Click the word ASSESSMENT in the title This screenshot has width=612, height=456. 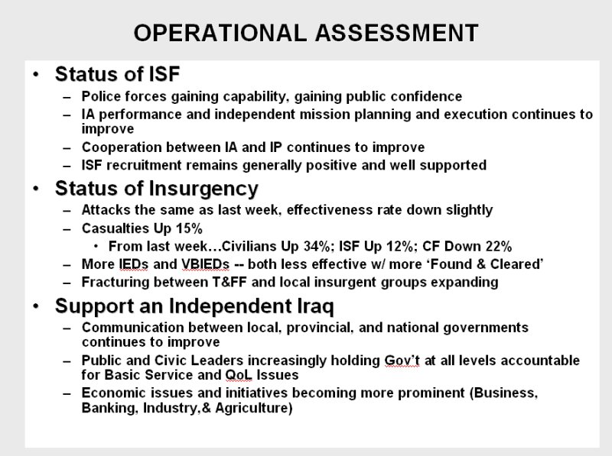tap(396, 32)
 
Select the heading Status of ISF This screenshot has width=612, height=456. tap(118, 73)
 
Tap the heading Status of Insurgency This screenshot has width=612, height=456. tap(157, 189)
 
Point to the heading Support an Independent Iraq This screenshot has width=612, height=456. tap(194, 306)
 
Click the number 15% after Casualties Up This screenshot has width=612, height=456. tap(189, 228)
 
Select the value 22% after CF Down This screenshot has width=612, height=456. tap(499, 246)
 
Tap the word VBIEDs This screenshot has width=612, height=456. tap(205, 264)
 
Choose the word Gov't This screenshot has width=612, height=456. tap(402, 360)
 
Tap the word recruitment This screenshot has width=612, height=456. tap(144, 165)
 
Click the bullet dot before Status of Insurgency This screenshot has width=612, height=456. tap(36, 189)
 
